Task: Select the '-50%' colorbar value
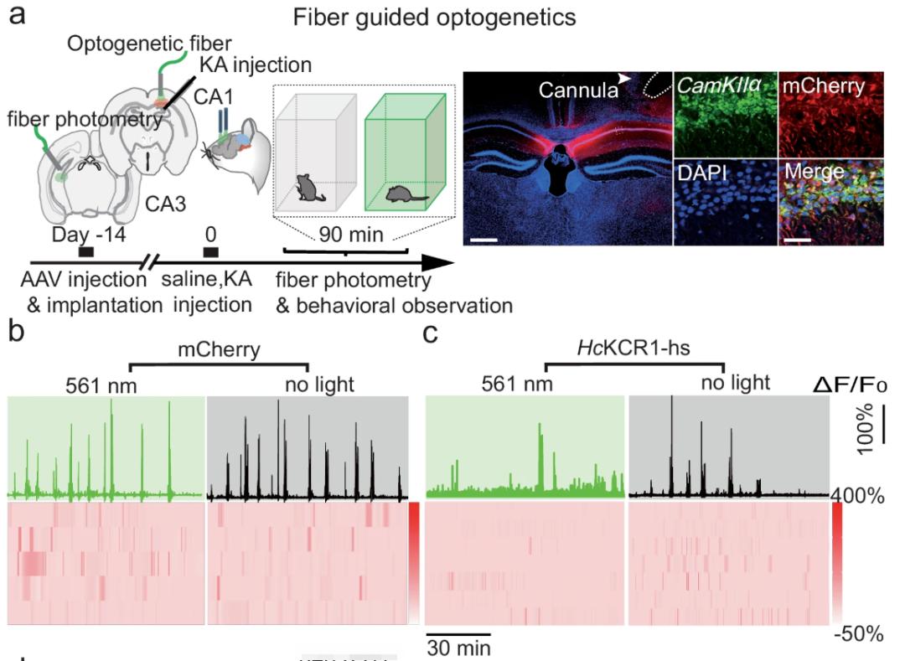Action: [x=858, y=634]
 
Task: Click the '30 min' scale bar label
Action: [x=458, y=648]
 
